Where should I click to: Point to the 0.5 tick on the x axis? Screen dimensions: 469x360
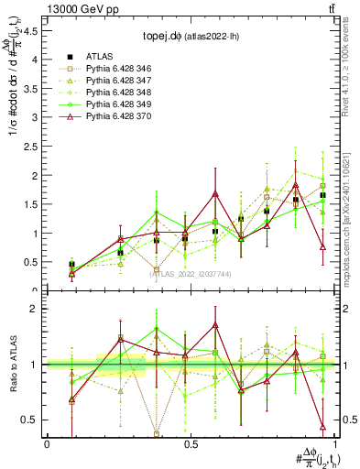click(x=189, y=443)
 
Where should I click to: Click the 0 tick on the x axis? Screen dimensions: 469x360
click(x=47, y=443)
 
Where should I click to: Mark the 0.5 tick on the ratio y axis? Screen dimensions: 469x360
click(x=33, y=420)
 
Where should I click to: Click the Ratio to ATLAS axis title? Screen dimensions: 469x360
click(x=12, y=364)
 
